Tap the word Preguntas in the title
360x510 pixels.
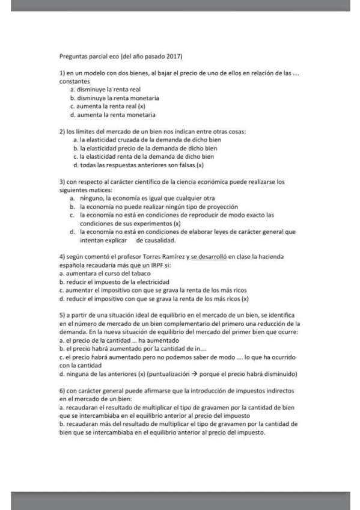point(72,56)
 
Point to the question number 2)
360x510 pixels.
point(63,131)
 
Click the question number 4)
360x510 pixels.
point(63,257)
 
